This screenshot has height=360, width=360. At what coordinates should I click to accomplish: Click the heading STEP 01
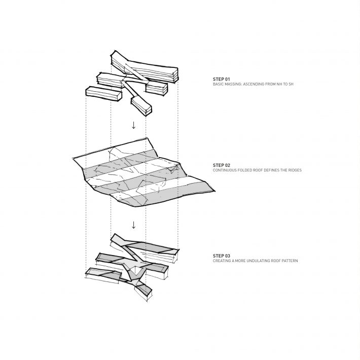222,79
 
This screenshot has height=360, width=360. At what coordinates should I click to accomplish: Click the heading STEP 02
222,165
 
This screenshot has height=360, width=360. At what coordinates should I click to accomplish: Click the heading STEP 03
222,256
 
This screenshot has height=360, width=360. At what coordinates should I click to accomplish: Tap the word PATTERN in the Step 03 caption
290,261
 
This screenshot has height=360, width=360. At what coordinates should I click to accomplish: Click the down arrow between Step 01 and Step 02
133,125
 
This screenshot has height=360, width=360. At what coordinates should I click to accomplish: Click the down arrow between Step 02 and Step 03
133,225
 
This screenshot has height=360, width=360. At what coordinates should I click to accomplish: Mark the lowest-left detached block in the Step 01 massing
103,94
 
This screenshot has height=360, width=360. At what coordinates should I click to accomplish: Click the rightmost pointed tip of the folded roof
215,191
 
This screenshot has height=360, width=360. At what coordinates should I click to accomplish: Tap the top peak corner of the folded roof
147,138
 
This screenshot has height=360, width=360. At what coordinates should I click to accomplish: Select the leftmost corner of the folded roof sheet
73,158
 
